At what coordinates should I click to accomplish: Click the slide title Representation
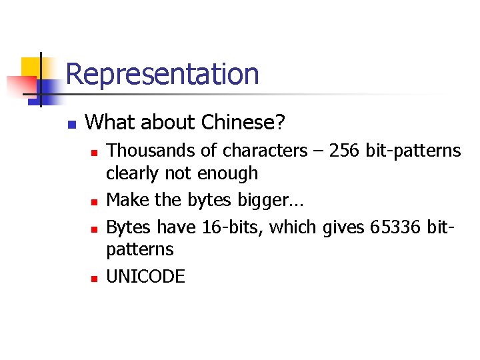(x=163, y=73)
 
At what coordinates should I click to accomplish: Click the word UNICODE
(x=145, y=276)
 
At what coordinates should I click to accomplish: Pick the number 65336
(x=399, y=227)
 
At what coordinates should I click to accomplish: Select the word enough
(x=228, y=173)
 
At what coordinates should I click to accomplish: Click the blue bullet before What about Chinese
(x=72, y=124)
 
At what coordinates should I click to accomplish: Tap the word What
(x=107, y=122)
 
